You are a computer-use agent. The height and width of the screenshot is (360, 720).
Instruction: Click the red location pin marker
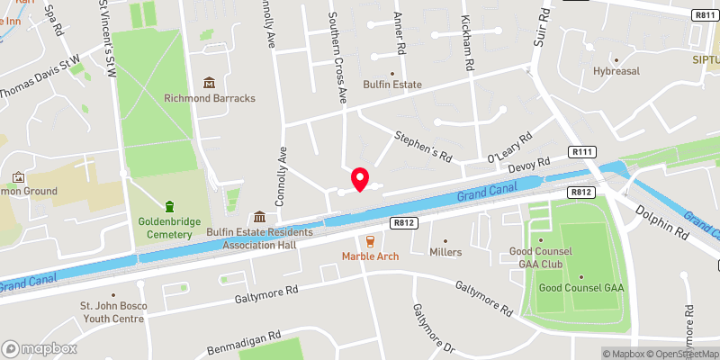coord(360,179)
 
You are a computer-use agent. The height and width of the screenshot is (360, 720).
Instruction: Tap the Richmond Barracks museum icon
coord(210,84)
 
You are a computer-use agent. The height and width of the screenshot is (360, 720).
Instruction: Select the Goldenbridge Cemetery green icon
coord(167,206)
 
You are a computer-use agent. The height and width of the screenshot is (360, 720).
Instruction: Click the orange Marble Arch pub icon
coord(370,241)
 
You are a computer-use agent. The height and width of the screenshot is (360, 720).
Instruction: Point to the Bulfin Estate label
coord(391,85)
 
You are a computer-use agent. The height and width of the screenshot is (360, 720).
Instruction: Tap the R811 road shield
coord(705,15)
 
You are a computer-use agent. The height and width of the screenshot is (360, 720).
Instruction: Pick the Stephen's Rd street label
coord(422,145)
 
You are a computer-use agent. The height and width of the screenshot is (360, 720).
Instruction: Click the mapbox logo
coord(40,348)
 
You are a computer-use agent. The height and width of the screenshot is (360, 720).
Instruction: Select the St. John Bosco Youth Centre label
coord(112,311)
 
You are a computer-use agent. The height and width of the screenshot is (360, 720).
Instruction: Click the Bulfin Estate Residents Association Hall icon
coord(260,217)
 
